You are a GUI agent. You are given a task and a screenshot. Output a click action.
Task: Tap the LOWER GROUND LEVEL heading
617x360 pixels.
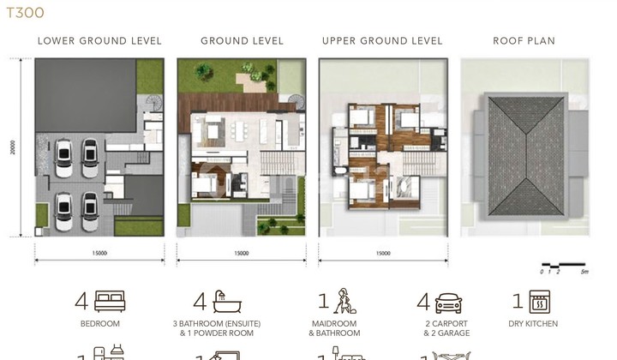pos(99,40)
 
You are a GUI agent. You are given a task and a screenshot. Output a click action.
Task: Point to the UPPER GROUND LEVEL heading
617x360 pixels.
pos(382,40)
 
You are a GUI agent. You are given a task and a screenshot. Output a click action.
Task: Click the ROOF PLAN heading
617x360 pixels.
pos(524,40)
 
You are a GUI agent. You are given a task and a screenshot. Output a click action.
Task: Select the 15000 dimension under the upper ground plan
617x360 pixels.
pos(382,253)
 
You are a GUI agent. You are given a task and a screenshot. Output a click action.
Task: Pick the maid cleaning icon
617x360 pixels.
pos(344,300)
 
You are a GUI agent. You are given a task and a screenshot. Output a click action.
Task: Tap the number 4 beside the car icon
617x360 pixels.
pos(422,302)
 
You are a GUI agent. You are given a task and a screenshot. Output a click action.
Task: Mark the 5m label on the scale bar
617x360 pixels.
pos(584,271)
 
